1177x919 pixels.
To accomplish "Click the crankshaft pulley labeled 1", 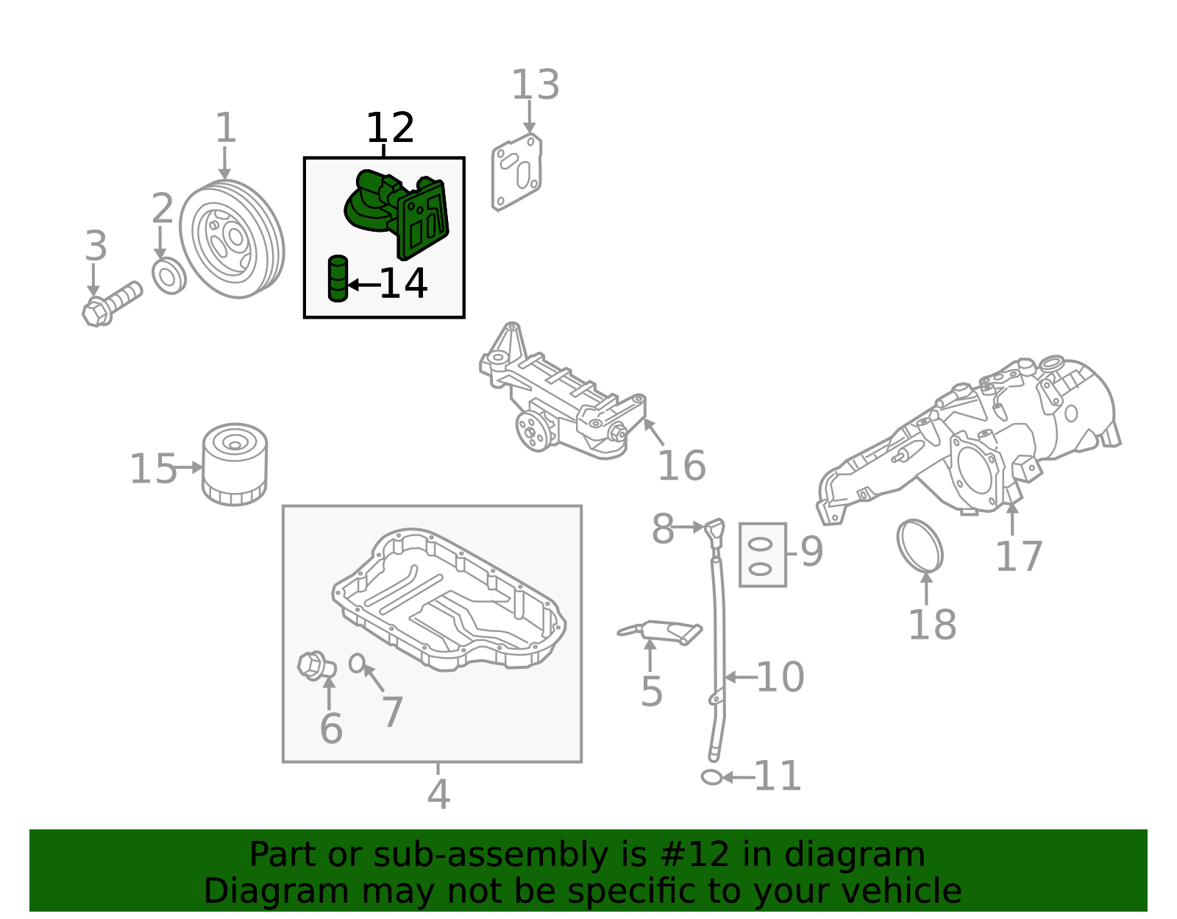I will tap(231, 239).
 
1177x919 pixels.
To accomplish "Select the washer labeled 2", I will tap(169, 276).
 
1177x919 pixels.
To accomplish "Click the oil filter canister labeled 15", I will tap(235, 465).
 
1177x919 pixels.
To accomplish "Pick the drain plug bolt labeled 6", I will tap(316, 665).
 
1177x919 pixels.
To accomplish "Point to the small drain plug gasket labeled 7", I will tap(357, 663).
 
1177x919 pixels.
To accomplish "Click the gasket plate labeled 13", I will tap(517, 173).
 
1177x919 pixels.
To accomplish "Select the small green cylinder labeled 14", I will tap(338, 278).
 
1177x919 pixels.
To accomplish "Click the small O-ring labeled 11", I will tap(711, 776).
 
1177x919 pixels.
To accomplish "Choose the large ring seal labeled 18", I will tap(920, 546).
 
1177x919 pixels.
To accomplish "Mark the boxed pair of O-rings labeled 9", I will tap(762, 556).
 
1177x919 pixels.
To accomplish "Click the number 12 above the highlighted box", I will tap(390, 128).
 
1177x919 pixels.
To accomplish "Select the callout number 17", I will tap(1018, 556).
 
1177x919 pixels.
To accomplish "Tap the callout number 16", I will tap(681, 466).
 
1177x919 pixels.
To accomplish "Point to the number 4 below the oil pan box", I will tap(438, 795).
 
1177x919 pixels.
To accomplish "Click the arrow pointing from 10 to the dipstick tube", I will tap(739, 677).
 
